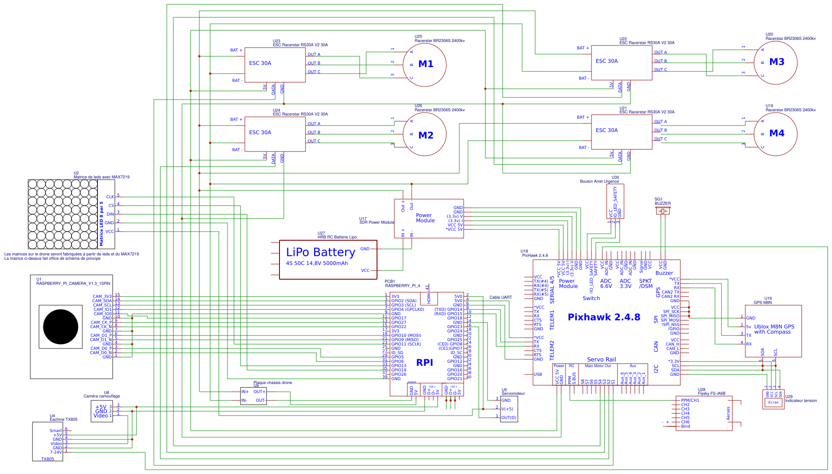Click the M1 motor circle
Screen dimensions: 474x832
pos(424,65)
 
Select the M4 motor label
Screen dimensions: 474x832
pos(777,133)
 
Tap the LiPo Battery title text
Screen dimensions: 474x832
pos(320,252)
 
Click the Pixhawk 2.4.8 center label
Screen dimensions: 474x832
pos(604,317)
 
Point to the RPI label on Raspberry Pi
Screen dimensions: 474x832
pos(424,363)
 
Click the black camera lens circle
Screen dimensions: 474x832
pos(61,327)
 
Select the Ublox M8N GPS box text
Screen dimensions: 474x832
pos(774,329)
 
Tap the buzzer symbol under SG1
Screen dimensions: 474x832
pos(663,211)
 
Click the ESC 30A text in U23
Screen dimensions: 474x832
pos(260,63)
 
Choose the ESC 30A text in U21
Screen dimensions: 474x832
pos(607,130)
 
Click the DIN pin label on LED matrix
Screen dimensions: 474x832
pos(110,214)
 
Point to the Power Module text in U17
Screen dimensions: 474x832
pos(425,218)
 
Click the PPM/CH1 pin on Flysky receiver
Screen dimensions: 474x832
pos(690,400)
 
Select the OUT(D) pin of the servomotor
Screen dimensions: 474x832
pos(508,418)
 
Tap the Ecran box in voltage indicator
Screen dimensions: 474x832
pos(773,403)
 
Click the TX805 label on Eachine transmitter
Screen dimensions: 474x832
pos(48,459)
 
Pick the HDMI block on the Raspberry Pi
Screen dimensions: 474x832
pos(429,298)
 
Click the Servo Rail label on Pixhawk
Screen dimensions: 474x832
pos(601,360)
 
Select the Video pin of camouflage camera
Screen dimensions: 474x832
pos(101,416)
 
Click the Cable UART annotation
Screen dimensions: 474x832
pos(500,297)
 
